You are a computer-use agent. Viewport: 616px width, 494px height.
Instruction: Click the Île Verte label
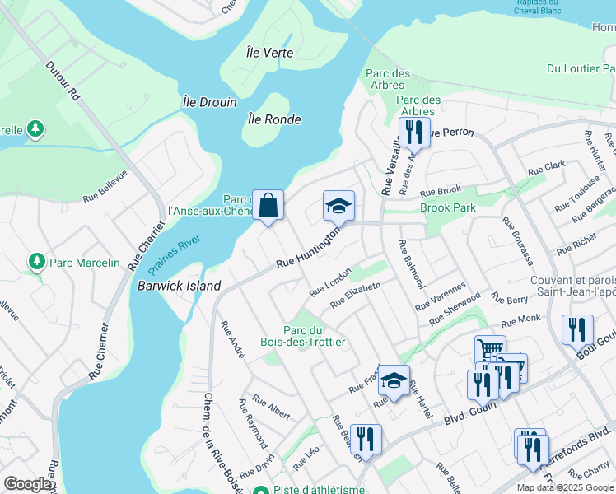click(x=269, y=53)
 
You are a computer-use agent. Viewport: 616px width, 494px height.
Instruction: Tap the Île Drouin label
click(x=209, y=103)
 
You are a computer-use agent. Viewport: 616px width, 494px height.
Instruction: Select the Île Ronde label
click(x=273, y=119)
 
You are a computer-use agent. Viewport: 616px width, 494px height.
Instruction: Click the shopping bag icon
click(x=268, y=205)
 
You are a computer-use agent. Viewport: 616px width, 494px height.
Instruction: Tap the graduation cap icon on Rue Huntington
click(x=338, y=206)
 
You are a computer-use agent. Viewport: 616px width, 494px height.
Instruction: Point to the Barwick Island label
click(x=180, y=286)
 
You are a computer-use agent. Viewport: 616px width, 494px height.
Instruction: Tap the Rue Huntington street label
click(x=308, y=249)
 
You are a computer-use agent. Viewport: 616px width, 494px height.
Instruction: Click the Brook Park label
click(x=447, y=208)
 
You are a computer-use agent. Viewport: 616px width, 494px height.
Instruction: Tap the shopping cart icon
click(x=490, y=350)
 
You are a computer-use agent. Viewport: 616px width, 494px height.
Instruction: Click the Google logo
click(x=28, y=484)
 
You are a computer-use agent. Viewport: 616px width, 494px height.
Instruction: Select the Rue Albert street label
click(x=271, y=407)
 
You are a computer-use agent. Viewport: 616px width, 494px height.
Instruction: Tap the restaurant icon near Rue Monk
click(x=577, y=329)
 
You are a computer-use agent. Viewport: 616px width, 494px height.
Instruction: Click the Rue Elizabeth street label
click(x=355, y=295)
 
